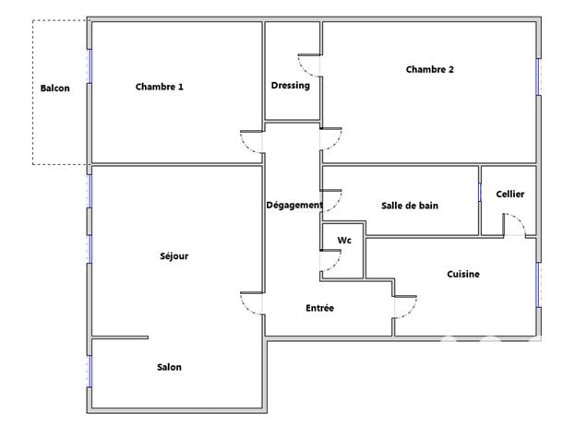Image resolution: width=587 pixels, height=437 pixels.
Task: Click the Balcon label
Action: tap(55, 89)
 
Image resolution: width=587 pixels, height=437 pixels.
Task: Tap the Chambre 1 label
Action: tap(159, 88)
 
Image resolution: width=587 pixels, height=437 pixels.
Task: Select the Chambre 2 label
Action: tap(429, 69)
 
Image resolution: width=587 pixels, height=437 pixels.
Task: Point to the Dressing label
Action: tap(290, 86)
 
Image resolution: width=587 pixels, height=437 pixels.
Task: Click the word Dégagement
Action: tap(293, 205)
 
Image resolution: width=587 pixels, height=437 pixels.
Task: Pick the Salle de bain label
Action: tap(409, 206)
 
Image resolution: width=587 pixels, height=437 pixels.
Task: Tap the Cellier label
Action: tap(509, 194)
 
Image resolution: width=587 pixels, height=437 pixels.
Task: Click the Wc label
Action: tap(344, 241)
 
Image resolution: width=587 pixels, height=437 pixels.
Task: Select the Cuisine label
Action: tap(462, 274)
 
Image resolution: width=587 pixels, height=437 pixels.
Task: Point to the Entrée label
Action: tap(319, 308)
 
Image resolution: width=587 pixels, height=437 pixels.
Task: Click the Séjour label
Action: tap(174, 256)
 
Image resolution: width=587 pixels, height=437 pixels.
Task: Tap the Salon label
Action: tap(169, 367)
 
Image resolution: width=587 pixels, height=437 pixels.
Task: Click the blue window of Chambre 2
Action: tap(537, 77)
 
